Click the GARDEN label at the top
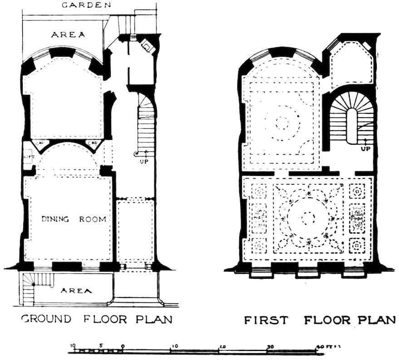86,5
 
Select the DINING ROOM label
74,219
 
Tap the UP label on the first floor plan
365,149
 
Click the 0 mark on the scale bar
123,346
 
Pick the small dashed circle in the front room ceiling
308,219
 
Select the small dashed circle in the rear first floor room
282,122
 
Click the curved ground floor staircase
145,118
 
